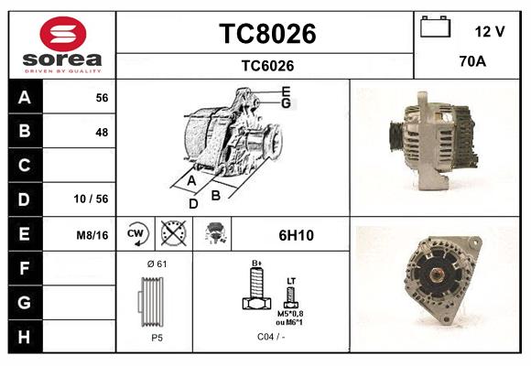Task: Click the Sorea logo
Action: point(62,45)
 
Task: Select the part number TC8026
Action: point(267,34)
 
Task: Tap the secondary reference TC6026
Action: point(267,65)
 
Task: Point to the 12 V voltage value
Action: point(490,31)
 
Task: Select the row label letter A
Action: point(25,97)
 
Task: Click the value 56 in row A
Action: point(101,98)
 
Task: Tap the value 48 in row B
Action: point(101,132)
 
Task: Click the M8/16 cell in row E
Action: point(92,235)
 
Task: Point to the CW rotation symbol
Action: point(136,234)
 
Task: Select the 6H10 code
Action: point(296,235)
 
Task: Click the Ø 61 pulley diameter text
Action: point(156,264)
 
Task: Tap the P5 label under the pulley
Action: point(156,338)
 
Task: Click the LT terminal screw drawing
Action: point(291,295)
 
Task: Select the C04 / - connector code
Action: point(272,338)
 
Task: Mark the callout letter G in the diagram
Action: point(287,103)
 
